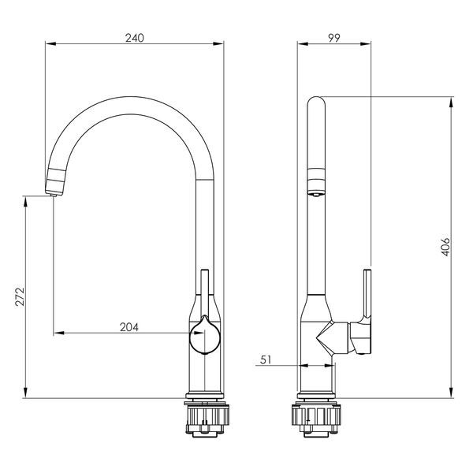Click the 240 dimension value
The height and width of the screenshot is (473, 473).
[x=135, y=38]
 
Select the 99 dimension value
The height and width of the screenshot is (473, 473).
[x=334, y=38]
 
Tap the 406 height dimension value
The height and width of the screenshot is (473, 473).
[x=445, y=247]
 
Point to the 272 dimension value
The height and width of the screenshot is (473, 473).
[x=20, y=297]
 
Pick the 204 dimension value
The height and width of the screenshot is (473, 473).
[x=129, y=327]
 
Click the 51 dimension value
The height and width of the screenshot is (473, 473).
[x=266, y=359]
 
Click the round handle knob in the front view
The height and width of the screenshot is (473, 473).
[x=205, y=336]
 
